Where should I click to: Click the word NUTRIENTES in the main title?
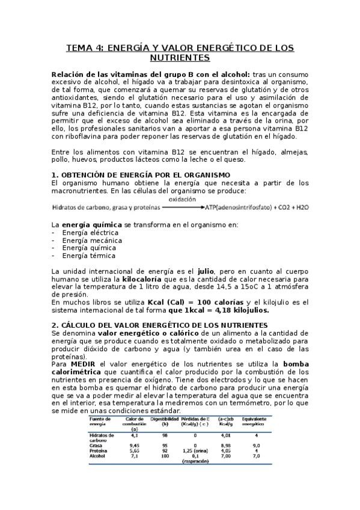(x=180, y=58)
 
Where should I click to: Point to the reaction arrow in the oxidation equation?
(x=183, y=207)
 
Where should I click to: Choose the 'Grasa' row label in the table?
(x=96, y=446)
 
